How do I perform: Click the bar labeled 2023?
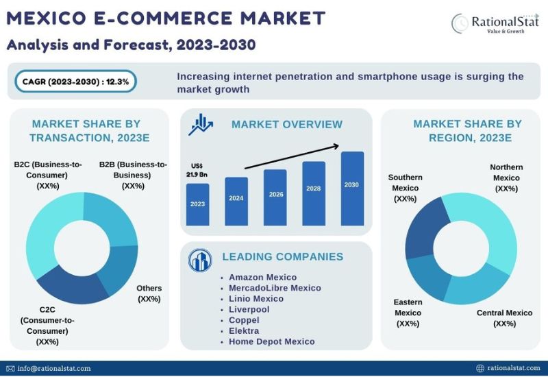point(197,204)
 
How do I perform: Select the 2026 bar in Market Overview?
point(275,197)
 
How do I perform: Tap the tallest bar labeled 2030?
point(352,188)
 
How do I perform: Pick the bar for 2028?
point(314,193)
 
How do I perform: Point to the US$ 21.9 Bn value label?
point(197,170)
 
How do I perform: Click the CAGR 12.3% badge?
point(75,82)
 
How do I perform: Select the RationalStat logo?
point(495,23)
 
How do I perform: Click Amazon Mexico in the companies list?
point(262,278)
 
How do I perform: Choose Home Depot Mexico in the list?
point(271,341)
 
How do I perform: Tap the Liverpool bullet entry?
point(249,310)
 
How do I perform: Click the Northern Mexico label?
point(506,178)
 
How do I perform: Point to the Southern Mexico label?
point(406,188)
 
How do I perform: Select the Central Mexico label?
point(505,318)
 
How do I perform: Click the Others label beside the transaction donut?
point(149,293)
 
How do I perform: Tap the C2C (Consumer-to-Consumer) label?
point(47,326)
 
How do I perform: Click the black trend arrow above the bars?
point(292,157)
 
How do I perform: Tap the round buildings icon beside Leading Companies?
point(200,260)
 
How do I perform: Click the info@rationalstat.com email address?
point(54,368)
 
